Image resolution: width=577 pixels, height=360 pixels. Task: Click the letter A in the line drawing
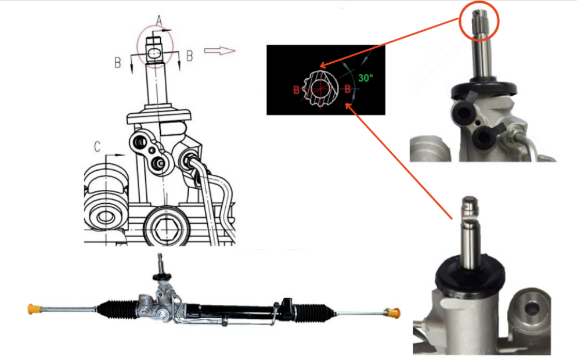click(x=158, y=21)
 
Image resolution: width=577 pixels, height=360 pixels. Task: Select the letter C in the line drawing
click(x=98, y=146)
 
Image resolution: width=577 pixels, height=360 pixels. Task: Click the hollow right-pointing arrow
click(x=220, y=51)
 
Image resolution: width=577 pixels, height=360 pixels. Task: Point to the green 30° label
click(x=365, y=78)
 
